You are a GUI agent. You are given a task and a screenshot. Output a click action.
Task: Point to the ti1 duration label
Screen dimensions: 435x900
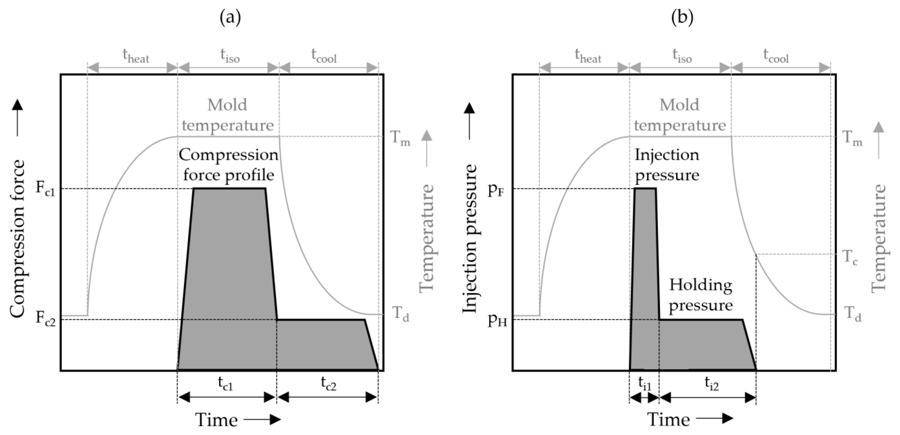645,384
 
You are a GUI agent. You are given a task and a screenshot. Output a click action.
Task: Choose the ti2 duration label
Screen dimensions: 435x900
711,384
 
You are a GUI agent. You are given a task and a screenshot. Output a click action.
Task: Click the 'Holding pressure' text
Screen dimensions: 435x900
701,295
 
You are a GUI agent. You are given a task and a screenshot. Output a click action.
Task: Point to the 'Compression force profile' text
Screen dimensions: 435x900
228,165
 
